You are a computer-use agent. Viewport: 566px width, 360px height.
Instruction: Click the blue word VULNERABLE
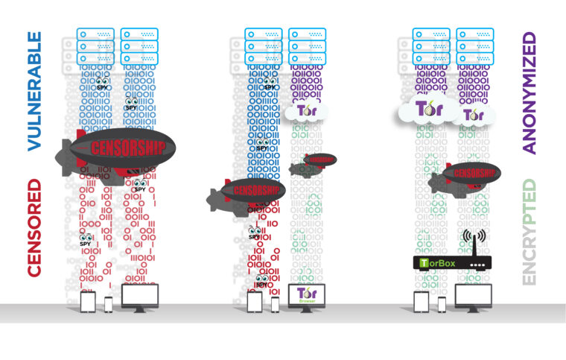click(x=34, y=91)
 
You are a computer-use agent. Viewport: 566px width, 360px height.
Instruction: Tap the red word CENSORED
click(x=34, y=228)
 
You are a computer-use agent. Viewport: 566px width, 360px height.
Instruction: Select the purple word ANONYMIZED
click(x=530, y=92)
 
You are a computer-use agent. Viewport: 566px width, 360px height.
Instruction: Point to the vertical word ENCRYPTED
click(x=530, y=232)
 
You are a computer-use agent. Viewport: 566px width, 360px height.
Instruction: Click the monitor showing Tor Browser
click(x=306, y=296)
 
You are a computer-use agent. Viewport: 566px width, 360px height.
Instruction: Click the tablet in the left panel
click(x=88, y=301)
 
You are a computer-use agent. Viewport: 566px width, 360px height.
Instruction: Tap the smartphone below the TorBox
click(x=442, y=304)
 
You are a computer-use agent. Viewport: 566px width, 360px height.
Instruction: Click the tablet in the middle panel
click(x=255, y=301)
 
